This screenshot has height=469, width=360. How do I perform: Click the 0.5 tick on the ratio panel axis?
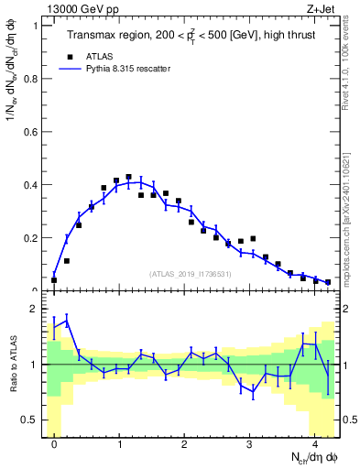(x=31, y=420)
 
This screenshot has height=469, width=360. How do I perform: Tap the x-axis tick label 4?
(x=314, y=444)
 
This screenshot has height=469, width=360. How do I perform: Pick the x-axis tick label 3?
(x=249, y=444)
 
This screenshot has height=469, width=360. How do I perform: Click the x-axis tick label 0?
(x=54, y=444)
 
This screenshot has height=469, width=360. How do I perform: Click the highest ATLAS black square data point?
(x=128, y=177)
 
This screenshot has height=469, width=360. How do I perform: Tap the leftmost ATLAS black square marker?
(x=54, y=280)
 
